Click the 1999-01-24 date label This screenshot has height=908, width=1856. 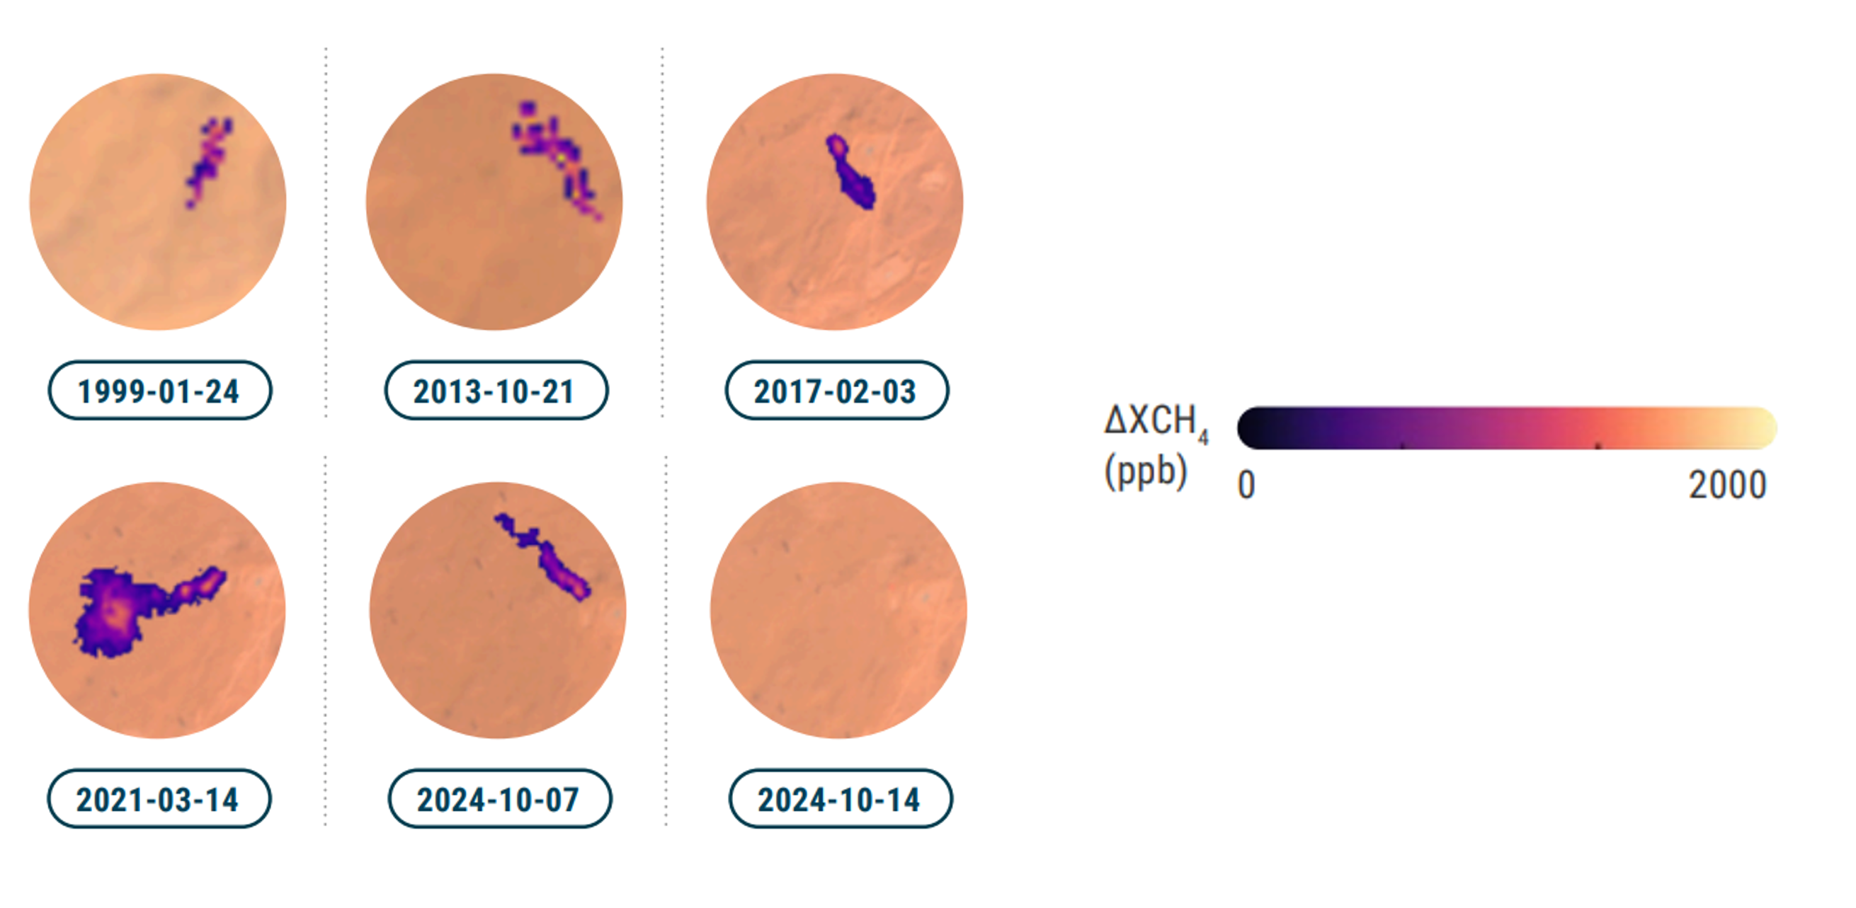coord(159,391)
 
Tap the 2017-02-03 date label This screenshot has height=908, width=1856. coord(836,391)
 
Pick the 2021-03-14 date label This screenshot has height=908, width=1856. coord(159,799)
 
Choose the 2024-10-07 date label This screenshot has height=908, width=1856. coord(499,799)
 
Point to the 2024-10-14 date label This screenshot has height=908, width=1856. coord(840,799)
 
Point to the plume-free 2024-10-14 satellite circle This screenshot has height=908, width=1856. coord(838,610)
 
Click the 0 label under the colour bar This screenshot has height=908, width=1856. coord(1246,485)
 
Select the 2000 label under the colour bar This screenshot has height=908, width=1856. coord(1728,485)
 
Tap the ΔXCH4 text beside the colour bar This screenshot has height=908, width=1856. coord(1156,422)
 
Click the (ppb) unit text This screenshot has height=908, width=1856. coord(1146,472)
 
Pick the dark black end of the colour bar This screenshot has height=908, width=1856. coord(1250,428)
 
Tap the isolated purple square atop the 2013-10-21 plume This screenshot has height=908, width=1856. coord(528,108)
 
